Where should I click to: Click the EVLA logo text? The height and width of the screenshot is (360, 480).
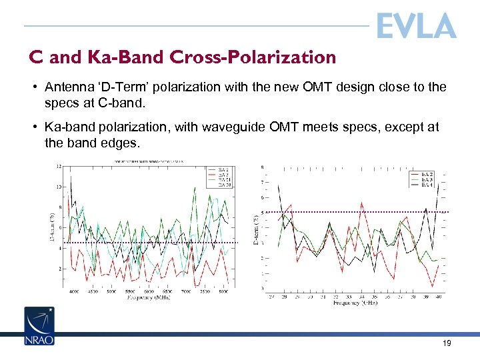click(416, 26)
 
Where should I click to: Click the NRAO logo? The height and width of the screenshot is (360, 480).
click(39, 326)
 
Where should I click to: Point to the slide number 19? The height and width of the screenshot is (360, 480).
click(446, 343)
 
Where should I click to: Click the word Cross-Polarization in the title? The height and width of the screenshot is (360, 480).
click(267, 58)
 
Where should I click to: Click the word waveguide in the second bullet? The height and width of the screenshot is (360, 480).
click(276, 127)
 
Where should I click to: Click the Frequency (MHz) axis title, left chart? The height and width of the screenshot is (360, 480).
click(149, 297)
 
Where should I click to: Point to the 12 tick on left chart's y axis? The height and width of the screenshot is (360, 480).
click(60, 166)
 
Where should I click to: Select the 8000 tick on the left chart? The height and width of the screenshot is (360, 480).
click(223, 292)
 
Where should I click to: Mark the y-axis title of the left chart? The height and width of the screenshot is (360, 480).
click(53, 227)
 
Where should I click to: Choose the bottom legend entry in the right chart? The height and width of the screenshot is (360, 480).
click(424, 185)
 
